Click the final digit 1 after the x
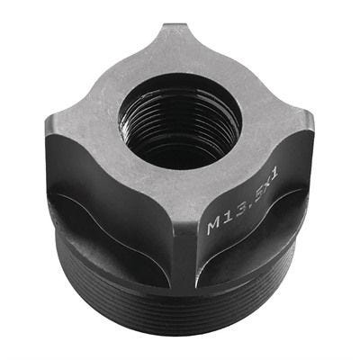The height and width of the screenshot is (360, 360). pyautogui.click(x=274, y=173)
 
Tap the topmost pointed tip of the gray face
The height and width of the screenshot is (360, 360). pyautogui.click(x=173, y=25)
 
